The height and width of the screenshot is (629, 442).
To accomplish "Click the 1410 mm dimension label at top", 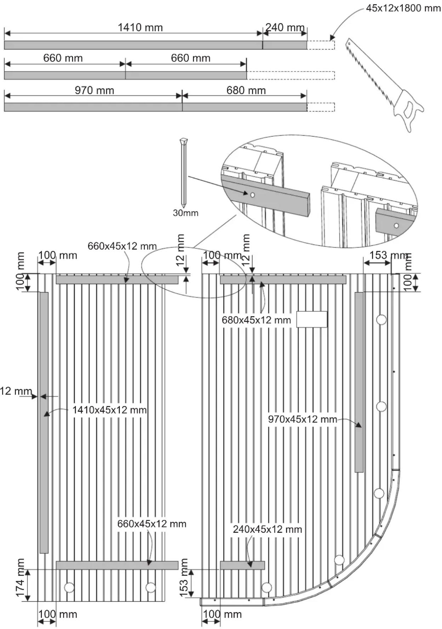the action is tap(140, 27).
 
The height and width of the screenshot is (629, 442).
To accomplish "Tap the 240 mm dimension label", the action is tap(285, 27).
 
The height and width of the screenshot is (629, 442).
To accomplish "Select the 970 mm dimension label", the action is tap(94, 90).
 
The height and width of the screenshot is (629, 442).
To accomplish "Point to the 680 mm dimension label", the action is tap(246, 90).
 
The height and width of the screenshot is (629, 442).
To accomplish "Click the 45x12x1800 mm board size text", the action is tap(403, 8).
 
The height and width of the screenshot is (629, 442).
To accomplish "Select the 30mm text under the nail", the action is tap(185, 213).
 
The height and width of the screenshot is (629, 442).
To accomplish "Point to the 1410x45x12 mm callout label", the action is tap(109, 410).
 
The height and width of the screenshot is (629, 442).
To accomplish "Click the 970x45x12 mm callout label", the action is tap(302, 419).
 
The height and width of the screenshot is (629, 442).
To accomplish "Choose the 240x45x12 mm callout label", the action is tap(267, 529).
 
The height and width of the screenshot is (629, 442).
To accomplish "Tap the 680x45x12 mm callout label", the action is tap(256, 320).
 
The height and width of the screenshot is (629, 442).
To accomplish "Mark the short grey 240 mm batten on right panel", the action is tap(242, 565).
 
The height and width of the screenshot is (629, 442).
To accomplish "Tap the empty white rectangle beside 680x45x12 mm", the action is tap(312, 319).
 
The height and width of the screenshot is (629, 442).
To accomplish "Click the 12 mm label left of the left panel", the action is tap(16, 391).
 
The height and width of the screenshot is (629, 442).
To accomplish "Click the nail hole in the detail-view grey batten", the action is tap(252, 195).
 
